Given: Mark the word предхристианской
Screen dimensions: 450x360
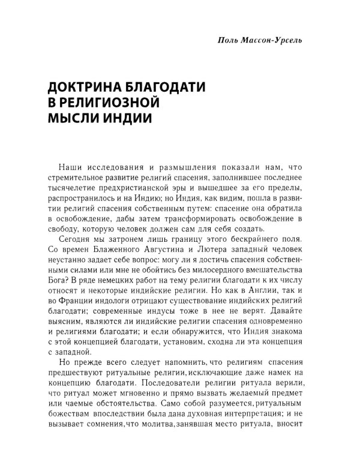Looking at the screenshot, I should (139, 193).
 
